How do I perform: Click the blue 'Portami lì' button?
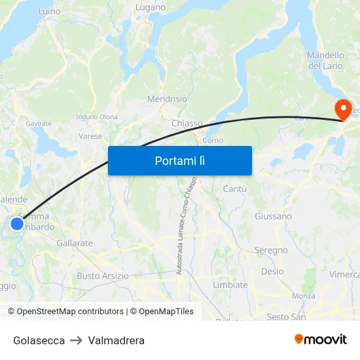[179, 160]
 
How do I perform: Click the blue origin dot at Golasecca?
[17, 225]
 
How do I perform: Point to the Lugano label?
[150, 7]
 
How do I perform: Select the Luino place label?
[49, 11]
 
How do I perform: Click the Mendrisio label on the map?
[167, 99]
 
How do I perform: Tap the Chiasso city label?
[187, 123]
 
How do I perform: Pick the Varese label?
[90, 136]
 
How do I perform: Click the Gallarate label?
[75, 243]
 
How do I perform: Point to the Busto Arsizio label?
[103, 276]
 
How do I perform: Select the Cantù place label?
[234, 189]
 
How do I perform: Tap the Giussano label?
[273, 216]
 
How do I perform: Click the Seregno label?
[271, 250]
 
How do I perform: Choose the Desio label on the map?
[272, 271]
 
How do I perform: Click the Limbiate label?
[230, 285]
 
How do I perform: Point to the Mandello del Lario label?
[325, 60]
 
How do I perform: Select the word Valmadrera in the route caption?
[116, 340]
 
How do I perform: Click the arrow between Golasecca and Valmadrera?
[76, 340]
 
